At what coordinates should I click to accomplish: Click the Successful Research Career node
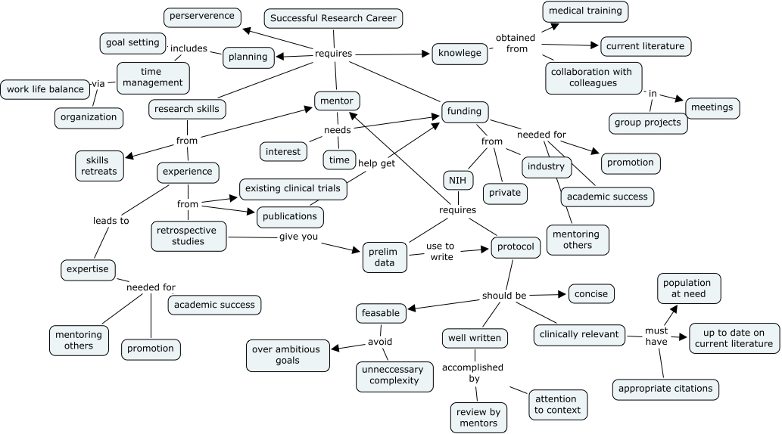point(333,18)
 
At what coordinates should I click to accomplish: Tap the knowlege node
point(460,53)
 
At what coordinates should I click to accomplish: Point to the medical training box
point(585,11)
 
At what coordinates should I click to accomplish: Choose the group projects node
point(648,122)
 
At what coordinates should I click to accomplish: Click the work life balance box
point(45,89)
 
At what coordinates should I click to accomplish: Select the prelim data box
point(385,257)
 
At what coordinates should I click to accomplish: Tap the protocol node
point(516,246)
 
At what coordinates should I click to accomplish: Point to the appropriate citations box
point(665,389)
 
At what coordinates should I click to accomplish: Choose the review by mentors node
point(478,417)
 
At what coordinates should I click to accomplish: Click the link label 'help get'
point(376,163)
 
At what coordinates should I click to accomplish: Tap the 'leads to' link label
point(111,221)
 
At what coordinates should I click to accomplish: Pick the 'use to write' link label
point(440,251)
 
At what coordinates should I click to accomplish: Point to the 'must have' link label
point(656,336)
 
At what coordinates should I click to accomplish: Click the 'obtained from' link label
point(515,43)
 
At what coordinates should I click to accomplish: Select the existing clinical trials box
point(294,188)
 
